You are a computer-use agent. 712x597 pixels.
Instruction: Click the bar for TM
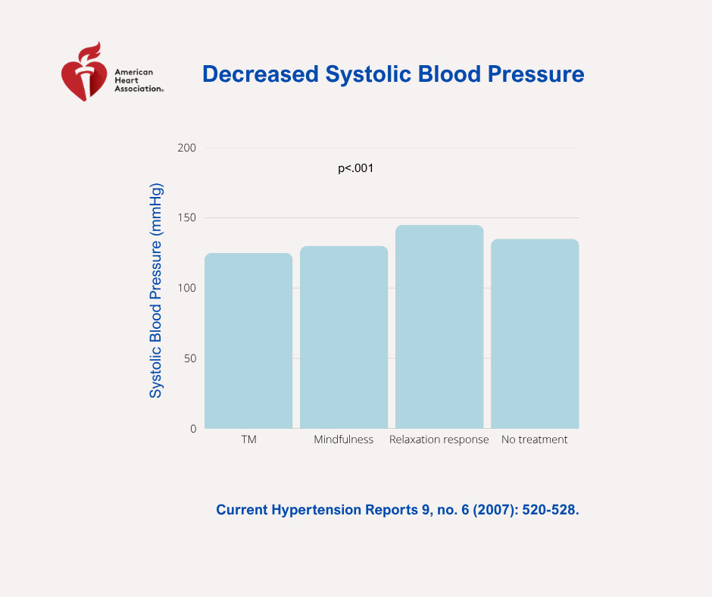[248, 341]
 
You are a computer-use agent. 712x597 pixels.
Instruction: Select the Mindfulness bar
[344, 337]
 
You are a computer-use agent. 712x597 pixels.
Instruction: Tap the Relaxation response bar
[439, 327]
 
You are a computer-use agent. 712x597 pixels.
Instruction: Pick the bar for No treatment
[535, 334]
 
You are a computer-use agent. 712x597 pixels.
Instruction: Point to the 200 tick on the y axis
[187, 148]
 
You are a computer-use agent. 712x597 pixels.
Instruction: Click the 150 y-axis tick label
[187, 218]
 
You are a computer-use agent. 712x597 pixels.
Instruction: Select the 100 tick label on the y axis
[187, 288]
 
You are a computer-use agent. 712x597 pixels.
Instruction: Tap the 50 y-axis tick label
[189, 358]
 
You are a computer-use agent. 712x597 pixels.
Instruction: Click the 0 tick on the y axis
[193, 429]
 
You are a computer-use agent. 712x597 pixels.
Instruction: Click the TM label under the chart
[248, 440]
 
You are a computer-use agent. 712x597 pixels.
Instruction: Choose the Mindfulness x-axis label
[344, 440]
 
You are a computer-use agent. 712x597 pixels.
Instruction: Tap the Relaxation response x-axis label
[439, 440]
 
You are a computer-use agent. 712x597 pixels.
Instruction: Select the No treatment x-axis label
[535, 440]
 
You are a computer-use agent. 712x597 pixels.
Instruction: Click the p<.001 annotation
[356, 169]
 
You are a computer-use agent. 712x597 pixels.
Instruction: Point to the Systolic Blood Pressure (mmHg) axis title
[156, 290]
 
